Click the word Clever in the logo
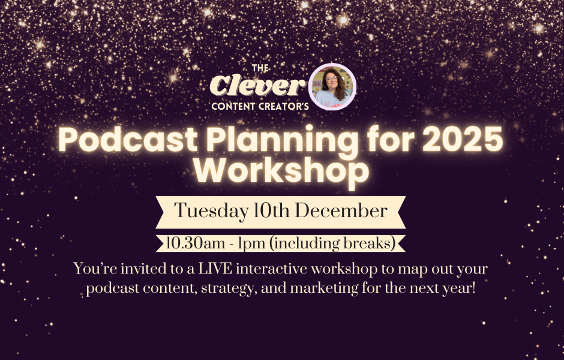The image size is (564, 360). pos(257,86)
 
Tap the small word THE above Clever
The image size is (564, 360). pos(260,68)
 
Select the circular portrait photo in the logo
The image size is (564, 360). pos(332,86)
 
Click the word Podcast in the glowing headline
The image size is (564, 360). pos(128,140)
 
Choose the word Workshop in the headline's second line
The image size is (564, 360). pos(281,171)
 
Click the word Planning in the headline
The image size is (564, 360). pos(282,142)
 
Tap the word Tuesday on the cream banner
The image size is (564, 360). pos(211,211)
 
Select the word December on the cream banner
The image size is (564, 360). pos(341,211)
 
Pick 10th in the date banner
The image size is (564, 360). pos(272,211)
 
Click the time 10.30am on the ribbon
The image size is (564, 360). pos(196,244)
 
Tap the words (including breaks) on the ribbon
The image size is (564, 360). pos(333,244)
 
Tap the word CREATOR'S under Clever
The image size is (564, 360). pos(286,106)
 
